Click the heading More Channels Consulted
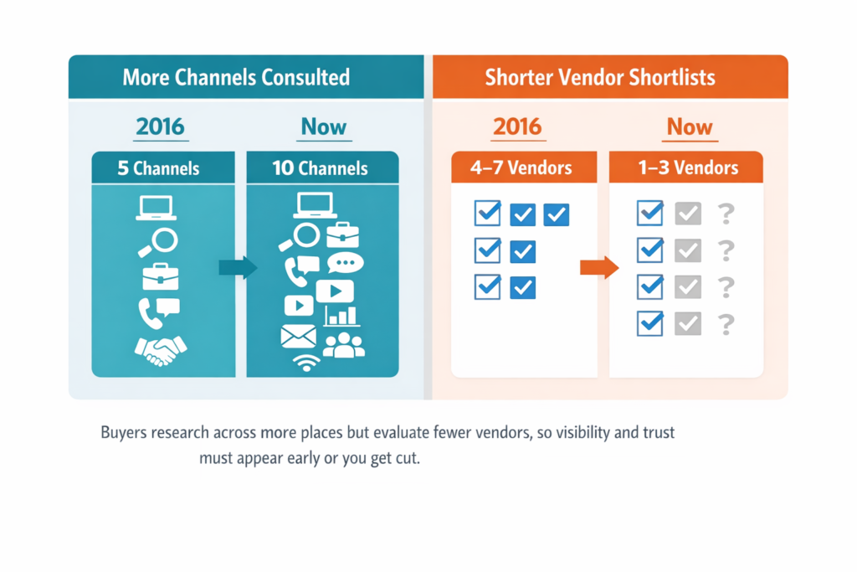(235, 78)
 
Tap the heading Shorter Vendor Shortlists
(600, 78)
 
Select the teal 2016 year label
(160, 127)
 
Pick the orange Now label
(690, 127)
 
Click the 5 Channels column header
(159, 168)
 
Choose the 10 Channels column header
(321, 168)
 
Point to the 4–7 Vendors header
(521, 167)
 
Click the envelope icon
(299, 337)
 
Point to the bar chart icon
(341, 315)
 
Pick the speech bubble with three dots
(345, 264)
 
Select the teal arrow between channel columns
(236, 267)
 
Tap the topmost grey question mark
(726, 214)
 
